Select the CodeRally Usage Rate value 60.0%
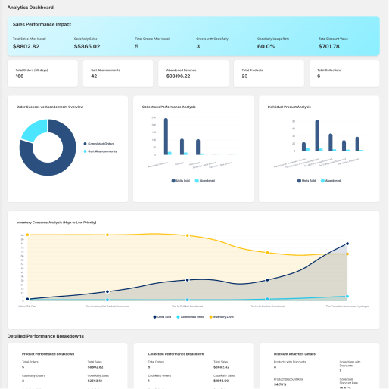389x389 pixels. [266, 46]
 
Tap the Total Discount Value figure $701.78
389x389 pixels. [330, 46]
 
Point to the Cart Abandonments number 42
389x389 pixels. [94, 76]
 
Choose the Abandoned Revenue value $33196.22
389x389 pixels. [179, 76]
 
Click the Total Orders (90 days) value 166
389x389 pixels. [20, 76]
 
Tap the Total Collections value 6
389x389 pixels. [319, 76]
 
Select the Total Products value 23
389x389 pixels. [244, 76]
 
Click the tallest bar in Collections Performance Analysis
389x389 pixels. [166, 136]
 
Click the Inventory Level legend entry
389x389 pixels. [223, 316]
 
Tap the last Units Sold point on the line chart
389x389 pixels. [347, 244]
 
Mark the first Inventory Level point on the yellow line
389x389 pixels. [28, 235]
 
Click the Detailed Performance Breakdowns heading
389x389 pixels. [45, 335]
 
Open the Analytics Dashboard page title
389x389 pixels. [30, 7]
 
